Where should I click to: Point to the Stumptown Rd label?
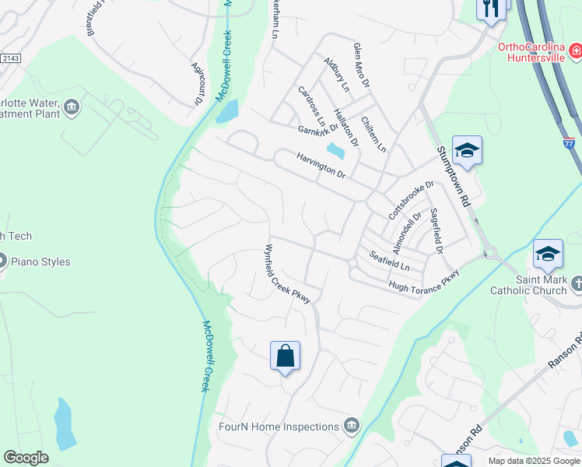[454, 176]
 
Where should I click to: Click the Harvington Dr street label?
[321, 165]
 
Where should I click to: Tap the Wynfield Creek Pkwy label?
[287, 274]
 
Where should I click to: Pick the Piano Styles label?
[40, 262]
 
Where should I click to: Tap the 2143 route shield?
[10, 58]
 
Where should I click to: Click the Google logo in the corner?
[26, 458]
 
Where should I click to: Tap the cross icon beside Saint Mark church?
[576, 284]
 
